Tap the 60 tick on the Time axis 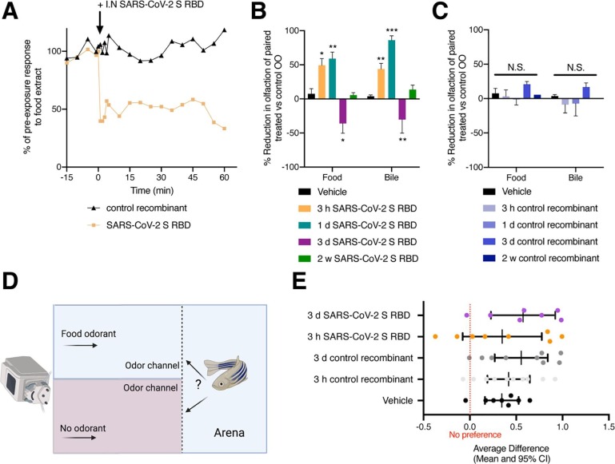[x=224, y=176]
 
